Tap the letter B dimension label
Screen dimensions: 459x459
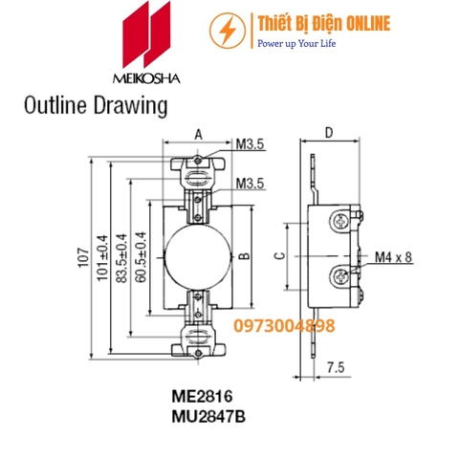tap(244, 256)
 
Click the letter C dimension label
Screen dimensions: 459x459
tap(278, 256)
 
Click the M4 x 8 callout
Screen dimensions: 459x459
tap(394, 256)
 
